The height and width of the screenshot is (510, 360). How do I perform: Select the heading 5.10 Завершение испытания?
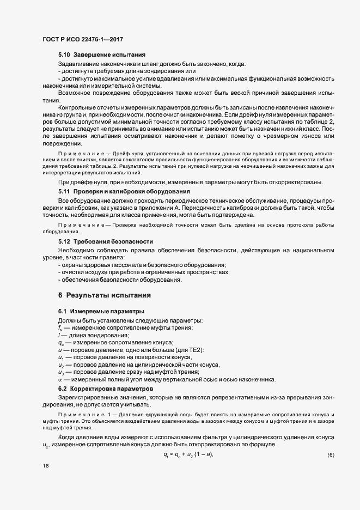[x=101, y=56]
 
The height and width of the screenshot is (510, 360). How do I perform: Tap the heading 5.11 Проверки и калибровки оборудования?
[x=124, y=191]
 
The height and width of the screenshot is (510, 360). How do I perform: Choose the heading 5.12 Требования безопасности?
[x=105, y=241]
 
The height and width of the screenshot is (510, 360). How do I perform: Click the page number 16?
[x=45, y=466]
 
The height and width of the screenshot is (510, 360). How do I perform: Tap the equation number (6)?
[x=331, y=454]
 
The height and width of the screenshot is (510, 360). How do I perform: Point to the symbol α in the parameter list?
[x=60, y=379]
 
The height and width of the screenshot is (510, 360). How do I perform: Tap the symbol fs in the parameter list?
[x=60, y=327]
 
